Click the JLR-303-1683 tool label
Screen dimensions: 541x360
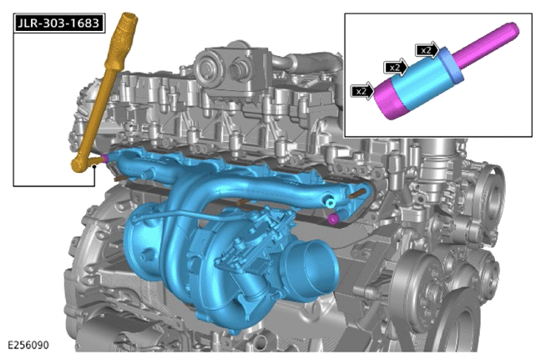coord(59,23)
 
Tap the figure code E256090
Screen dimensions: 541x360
coord(28,345)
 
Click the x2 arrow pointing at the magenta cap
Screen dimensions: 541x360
coord(362,91)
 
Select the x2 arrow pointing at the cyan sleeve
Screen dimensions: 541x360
coord(396,68)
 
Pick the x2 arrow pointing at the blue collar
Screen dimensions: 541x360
coord(427,50)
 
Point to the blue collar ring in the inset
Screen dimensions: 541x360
coord(451,66)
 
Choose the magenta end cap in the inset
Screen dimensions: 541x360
coord(389,99)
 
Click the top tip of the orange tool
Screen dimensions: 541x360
coord(129,17)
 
